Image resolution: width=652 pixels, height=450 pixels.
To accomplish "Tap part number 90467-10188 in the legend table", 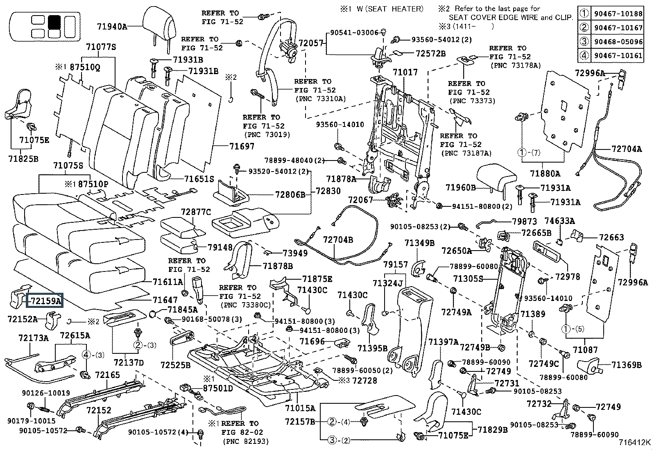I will coord(618,14).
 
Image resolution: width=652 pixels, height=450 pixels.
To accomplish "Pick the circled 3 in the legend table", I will coord(584,41).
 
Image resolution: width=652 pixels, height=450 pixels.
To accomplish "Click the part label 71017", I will coord(405,72).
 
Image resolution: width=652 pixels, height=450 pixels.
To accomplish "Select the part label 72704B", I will coord(337,240).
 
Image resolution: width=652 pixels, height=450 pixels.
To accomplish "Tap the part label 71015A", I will coord(300,408).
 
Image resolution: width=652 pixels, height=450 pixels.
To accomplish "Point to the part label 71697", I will coord(242,146).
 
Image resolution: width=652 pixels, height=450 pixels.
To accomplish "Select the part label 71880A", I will coord(545,173).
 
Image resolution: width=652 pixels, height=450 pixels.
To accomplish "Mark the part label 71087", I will coord(585,350).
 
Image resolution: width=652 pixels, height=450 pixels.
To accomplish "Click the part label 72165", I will coord(107,375).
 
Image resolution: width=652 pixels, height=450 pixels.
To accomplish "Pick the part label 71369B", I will coord(626,364).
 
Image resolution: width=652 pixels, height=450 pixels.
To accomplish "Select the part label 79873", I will coord(524,222).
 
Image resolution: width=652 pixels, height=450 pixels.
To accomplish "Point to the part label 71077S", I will coord(101,47).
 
